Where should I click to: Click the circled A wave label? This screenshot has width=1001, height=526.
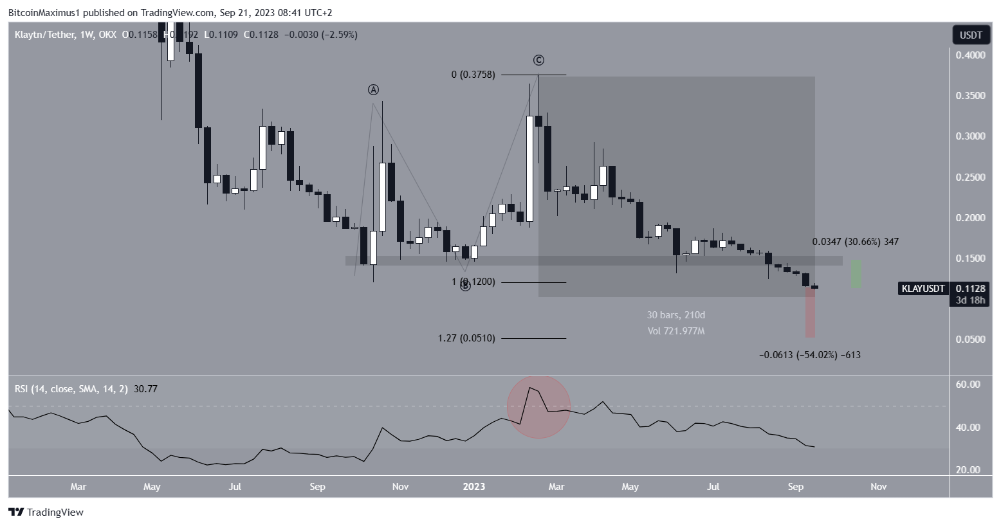point(372,89)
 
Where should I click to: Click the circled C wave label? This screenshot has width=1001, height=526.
point(538,60)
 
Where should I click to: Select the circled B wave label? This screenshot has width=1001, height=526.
point(465,286)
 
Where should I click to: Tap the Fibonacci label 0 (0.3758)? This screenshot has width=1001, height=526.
point(473,75)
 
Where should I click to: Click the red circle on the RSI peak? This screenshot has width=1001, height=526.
point(538,406)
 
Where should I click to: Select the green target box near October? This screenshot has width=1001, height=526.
point(856,274)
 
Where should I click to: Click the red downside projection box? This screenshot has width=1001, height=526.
point(810,313)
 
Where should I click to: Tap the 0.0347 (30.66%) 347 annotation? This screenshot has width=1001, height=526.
point(855,242)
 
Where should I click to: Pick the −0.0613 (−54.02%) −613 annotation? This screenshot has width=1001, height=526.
point(809,355)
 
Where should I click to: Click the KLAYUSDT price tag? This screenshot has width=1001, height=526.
point(923,289)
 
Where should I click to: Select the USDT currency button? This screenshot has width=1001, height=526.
point(971,35)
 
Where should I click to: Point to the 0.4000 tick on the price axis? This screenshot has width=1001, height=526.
point(970,55)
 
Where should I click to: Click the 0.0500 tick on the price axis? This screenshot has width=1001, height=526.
point(970,340)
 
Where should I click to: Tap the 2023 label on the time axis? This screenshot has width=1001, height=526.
point(474,487)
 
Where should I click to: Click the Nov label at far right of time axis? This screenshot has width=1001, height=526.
point(878,487)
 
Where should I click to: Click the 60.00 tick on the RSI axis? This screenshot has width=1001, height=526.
point(968,385)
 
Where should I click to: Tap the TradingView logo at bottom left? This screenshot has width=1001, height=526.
point(46,512)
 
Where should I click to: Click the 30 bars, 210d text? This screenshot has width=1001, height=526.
point(675,315)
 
